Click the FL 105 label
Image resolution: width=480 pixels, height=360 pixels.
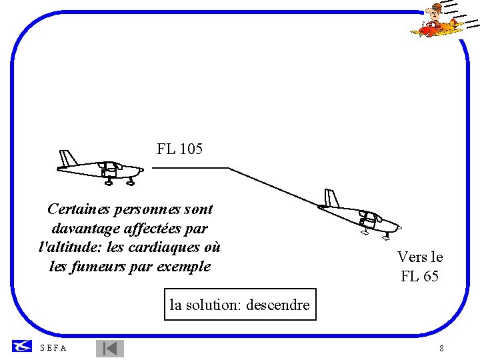coord(179,149)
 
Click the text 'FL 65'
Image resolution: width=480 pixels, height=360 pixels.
coord(420,276)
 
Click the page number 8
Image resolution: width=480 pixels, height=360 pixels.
coord(442,349)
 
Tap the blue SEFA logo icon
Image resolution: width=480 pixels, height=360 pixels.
coord(22,346)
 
